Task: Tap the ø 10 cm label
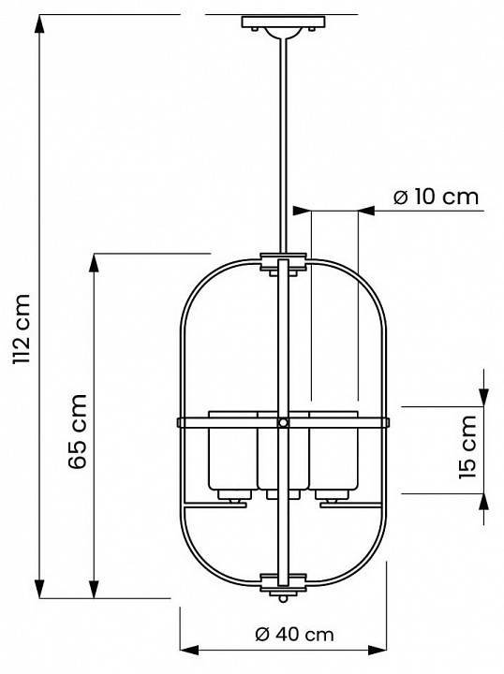point(435,198)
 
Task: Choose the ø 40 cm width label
point(294,634)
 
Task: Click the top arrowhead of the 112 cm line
point(39,22)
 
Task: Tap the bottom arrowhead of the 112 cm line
point(39,589)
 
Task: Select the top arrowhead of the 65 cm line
point(94,261)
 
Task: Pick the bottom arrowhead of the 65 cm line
point(94,589)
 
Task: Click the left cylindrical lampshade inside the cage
point(230,454)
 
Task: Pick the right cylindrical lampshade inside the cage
point(334,454)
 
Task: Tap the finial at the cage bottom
point(281,593)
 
